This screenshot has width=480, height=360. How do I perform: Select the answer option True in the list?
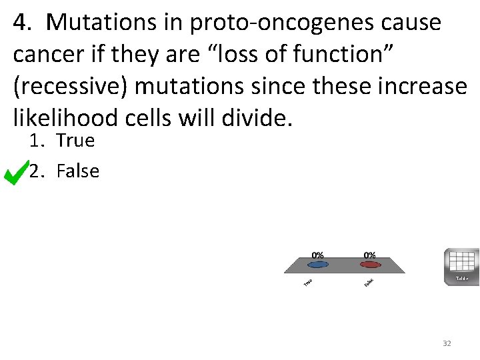pos(75,141)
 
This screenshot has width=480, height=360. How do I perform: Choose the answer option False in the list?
pos(78,171)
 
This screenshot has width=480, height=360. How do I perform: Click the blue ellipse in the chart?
pos(318,265)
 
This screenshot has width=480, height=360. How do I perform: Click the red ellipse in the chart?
pos(369,265)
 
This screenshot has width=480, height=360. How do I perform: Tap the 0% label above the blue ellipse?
pos(318,255)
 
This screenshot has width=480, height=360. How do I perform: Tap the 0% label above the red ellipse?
pos(369,255)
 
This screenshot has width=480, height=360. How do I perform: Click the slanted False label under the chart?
pos(369,283)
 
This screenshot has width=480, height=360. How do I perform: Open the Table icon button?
pos(461,267)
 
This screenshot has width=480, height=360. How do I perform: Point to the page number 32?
pos(447,343)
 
